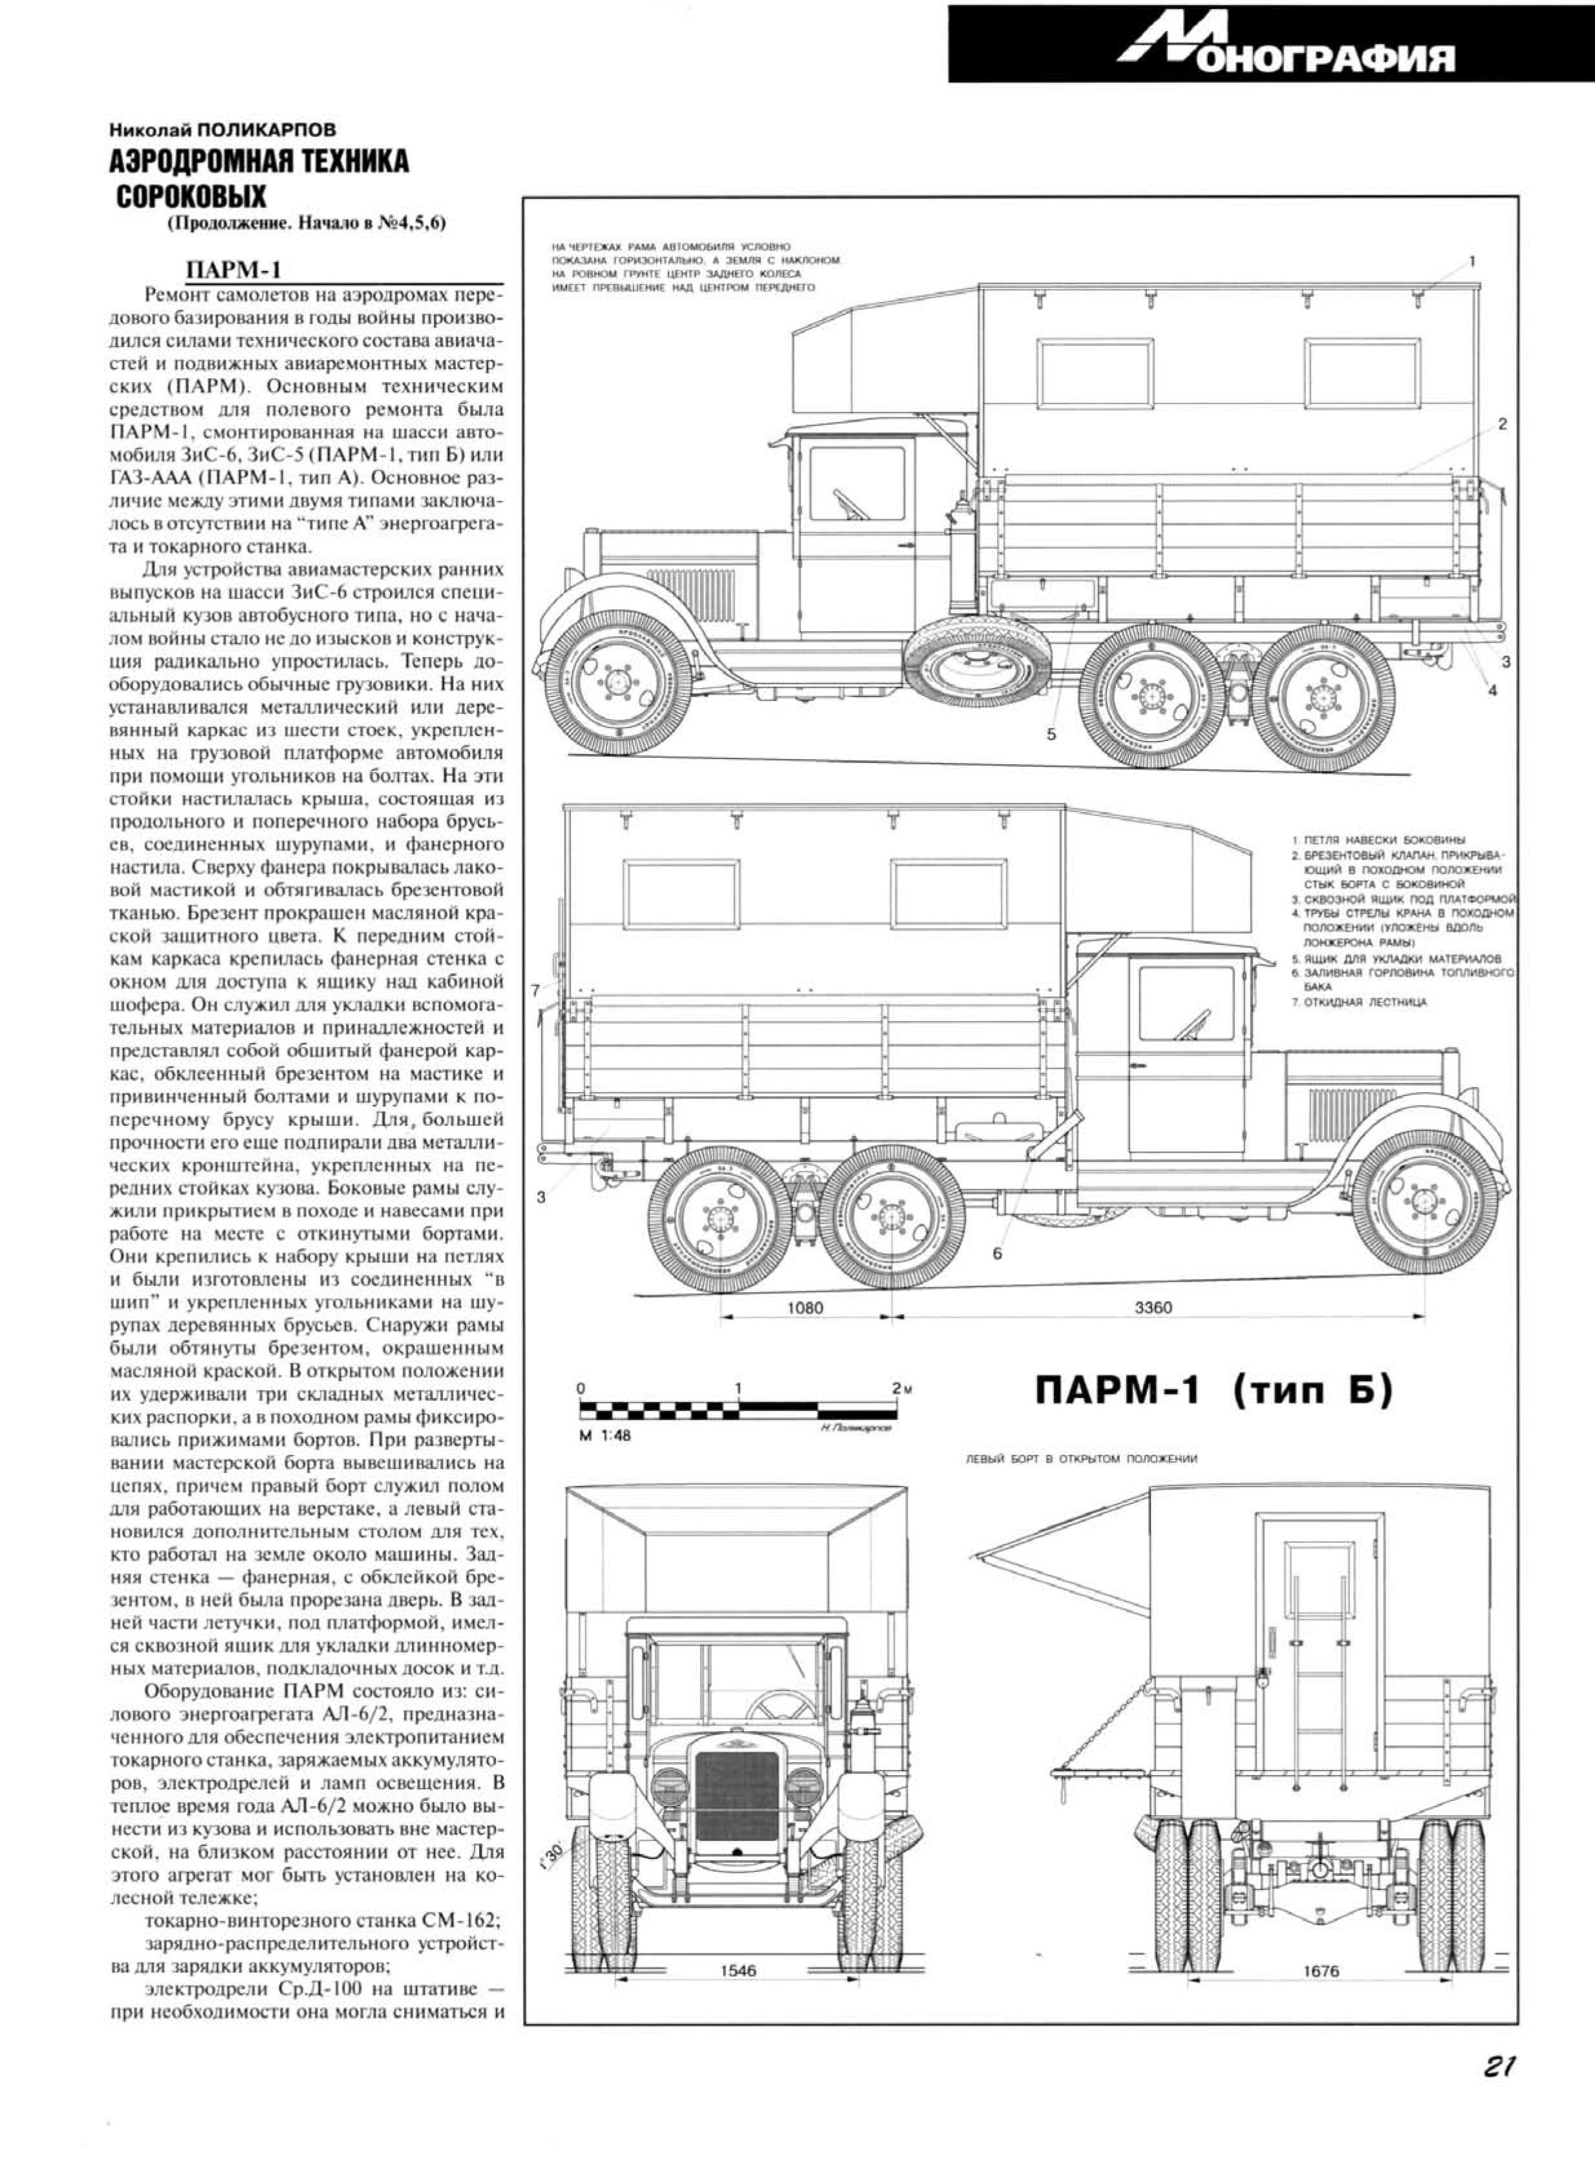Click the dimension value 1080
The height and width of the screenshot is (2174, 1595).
tap(805, 1308)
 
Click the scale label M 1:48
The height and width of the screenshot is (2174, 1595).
tap(605, 1436)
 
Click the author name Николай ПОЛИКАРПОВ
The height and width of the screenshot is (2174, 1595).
tap(223, 127)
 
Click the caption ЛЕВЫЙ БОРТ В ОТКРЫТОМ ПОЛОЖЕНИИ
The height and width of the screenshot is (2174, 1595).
tap(1082, 1459)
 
